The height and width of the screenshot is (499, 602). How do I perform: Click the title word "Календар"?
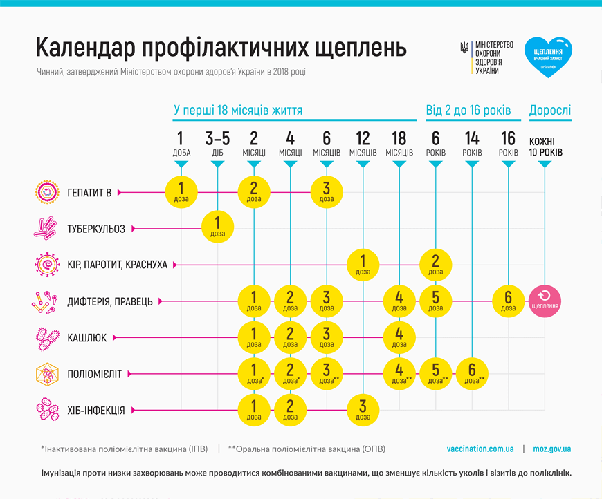[84, 48]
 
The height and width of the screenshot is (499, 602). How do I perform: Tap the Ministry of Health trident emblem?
[464, 48]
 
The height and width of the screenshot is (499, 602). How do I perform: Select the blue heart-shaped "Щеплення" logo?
[548, 55]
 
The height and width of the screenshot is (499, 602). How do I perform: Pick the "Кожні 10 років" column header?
[546, 146]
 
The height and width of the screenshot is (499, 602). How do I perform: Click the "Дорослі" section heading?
[550, 110]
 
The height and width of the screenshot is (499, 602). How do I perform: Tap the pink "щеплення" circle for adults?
[546, 301]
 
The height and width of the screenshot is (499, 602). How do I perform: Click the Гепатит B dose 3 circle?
[327, 191]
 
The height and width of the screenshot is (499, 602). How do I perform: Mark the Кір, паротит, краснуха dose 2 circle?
[436, 265]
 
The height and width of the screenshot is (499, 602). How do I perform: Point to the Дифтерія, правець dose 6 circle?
[509, 301]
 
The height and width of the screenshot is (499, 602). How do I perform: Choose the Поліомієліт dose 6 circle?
[472, 374]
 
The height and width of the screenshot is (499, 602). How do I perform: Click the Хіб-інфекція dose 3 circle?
[363, 410]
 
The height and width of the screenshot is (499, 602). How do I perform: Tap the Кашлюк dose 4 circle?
[399, 337]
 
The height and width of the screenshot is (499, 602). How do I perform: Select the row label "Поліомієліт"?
[94, 374]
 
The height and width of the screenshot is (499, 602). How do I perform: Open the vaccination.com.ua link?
[480, 449]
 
